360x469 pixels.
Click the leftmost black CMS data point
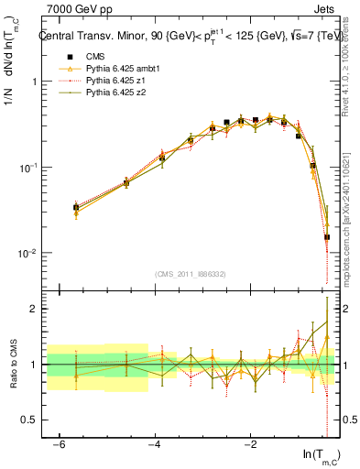coord(76,208)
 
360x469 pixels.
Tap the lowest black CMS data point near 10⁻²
coord(327,237)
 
